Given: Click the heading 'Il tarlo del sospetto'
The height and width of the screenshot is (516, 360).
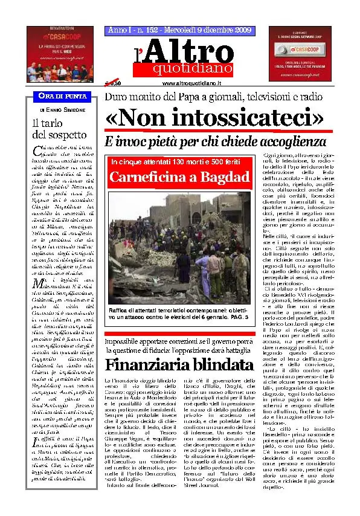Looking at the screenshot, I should [59, 129].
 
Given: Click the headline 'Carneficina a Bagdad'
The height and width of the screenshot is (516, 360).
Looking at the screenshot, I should [180, 177].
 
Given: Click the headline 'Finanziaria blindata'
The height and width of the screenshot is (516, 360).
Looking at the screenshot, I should [179, 364].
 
